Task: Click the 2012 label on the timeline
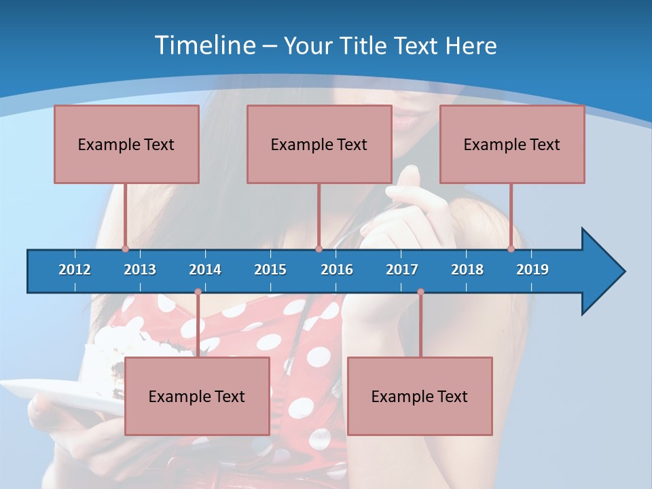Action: (75, 270)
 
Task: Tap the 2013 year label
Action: (140, 270)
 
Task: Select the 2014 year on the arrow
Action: (205, 270)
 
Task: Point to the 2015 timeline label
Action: (270, 270)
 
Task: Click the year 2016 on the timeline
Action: (337, 270)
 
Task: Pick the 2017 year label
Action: (402, 270)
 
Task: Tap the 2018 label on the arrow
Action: (467, 270)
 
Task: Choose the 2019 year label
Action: (532, 270)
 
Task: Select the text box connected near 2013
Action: (126, 144)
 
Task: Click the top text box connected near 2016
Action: (319, 144)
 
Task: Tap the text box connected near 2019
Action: (512, 144)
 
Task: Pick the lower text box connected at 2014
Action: (197, 396)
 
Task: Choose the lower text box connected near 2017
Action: (420, 396)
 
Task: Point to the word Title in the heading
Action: (365, 46)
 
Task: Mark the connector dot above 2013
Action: (125, 249)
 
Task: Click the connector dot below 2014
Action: (198, 292)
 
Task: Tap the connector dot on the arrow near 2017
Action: (420, 292)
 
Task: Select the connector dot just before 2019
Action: (511, 249)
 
